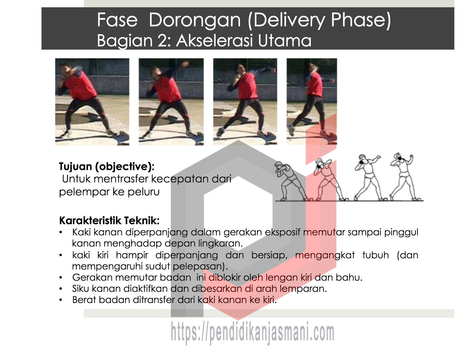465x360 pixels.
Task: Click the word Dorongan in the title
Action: pos(195,20)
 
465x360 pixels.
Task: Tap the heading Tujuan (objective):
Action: pos(106,167)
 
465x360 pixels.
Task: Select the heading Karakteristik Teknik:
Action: pos(109,221)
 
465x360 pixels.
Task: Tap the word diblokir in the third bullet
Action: pos(224,277)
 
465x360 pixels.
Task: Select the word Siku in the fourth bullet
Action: pos(81,289)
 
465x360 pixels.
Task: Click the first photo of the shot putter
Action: pos(92,102)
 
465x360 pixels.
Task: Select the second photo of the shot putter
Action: pos(171,102)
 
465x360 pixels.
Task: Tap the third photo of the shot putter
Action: pos(245,101)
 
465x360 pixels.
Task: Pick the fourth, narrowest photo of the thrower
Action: pos(312,101)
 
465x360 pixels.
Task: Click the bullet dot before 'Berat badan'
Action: pos(61,300)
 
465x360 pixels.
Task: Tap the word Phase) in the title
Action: pos(361,20)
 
